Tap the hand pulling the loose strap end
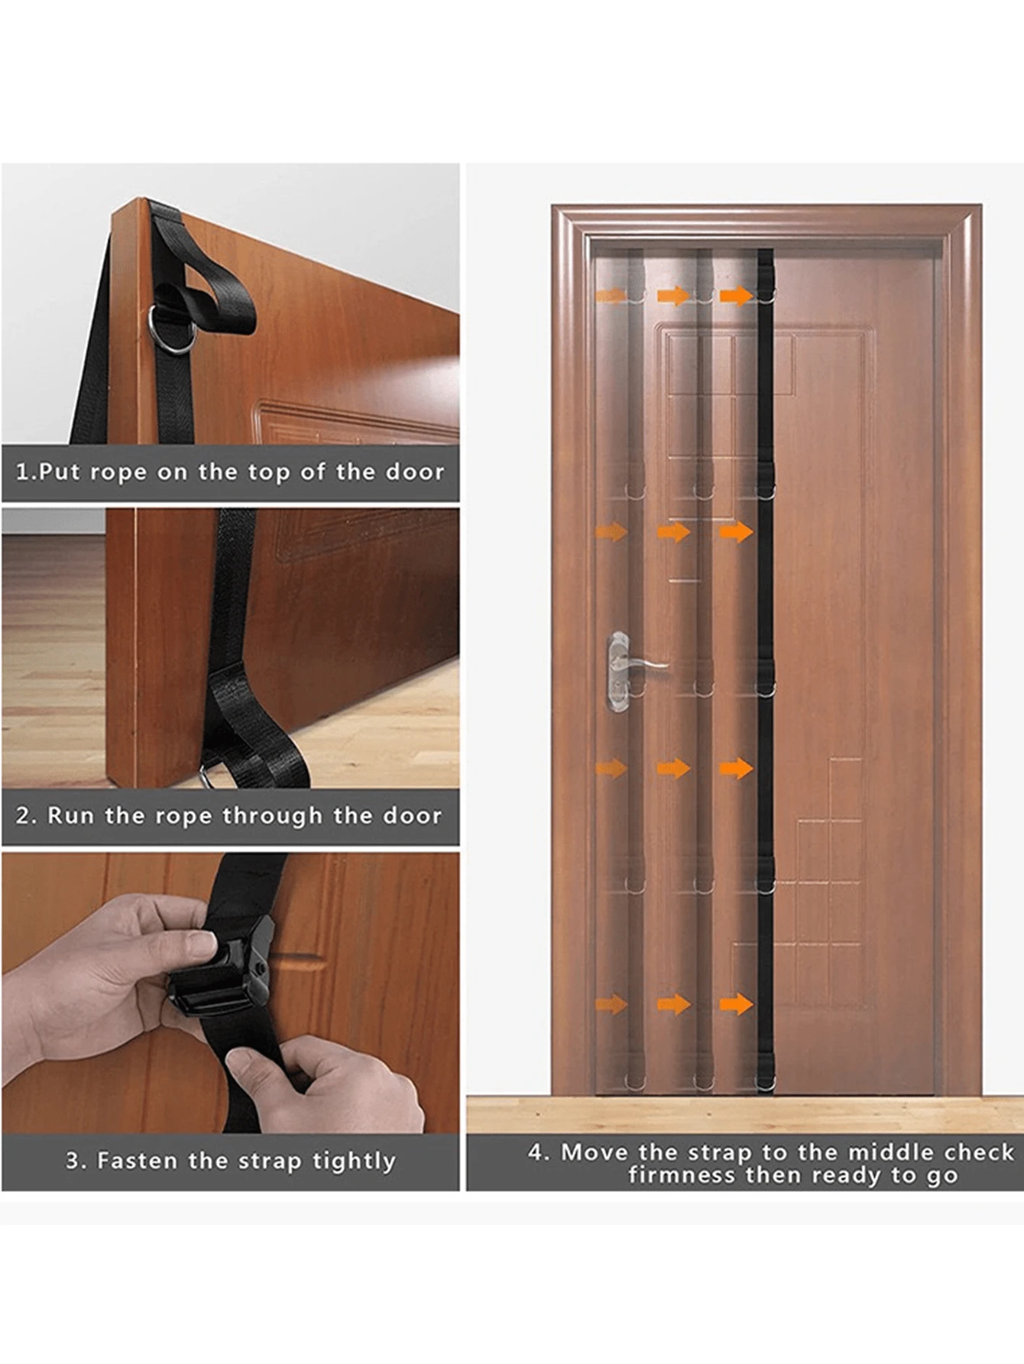[x=329, y=1085]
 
